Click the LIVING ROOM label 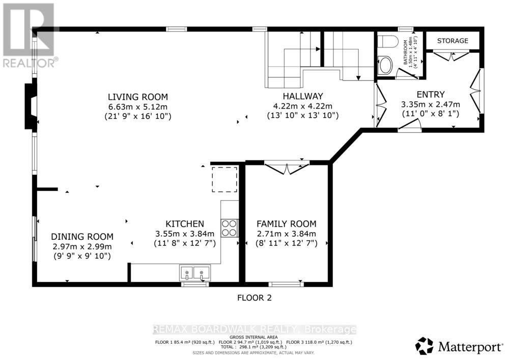pyautogui.click(x=137, y=97)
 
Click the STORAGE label pyautogui.click(x=453, y=41)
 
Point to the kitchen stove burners pyautogui.click(x=230, y=227)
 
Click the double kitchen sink pyautogui.click(x=195, y=273)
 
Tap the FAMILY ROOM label pyautogui.click(x=286, y=224)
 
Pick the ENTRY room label pyautogui.click(x=430, y=94)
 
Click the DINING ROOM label pyautogui.click(x=82, y=236)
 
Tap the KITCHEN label pyautogui.click(x=185, y=224)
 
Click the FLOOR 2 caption pyautogui.click(x=254, y=298)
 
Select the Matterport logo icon pyautogui.click(x=424, y=346)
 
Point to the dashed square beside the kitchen pyautogui.click(x=224, y=180)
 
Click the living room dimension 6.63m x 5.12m pyautogui.click(x=137, y=106)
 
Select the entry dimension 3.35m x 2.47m pyautogui.click(x=430, y=104)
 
